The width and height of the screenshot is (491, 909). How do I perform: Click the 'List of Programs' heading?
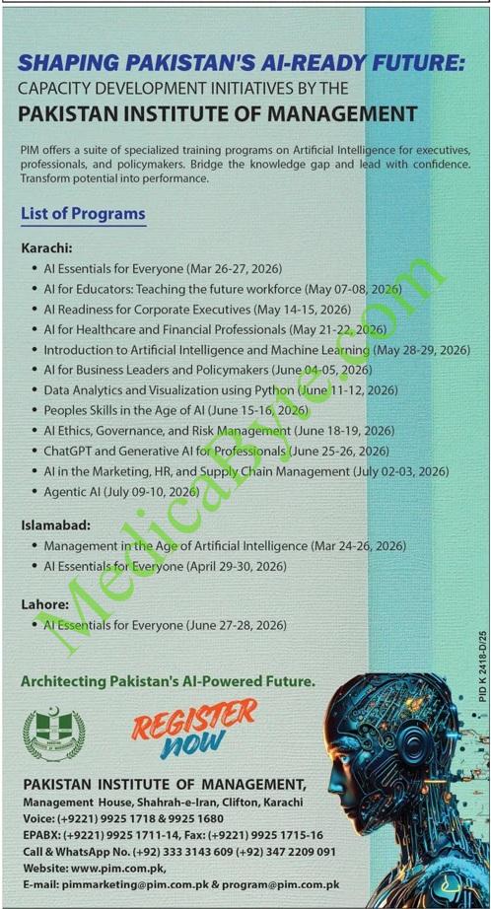[x=83, y=213]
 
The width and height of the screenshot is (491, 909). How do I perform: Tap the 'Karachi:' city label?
[x=46, y=247]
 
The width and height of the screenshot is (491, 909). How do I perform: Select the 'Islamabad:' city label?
[x=56, y=525]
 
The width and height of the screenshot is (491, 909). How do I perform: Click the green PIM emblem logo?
[x=53, y=734]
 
